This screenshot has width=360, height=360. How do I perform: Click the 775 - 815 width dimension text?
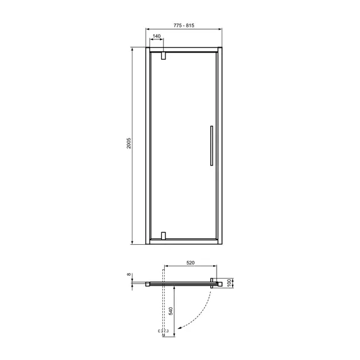[x=184, y=26]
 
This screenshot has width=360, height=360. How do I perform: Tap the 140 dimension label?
[x=156, y=36]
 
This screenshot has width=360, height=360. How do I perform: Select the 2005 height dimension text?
[x=128, y=143]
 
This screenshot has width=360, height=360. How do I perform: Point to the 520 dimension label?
[x=190, y=263]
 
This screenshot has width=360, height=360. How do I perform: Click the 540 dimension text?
[x=171, y=311]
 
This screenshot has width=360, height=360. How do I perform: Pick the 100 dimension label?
[x=229, y=283]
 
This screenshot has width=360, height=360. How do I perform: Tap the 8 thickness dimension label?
[x=129, y=275]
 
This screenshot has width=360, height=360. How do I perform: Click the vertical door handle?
[x=211, y=146]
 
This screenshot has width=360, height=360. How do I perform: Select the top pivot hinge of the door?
[x=163, y=56]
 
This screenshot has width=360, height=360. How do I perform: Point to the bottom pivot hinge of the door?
[x=163, y=236]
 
